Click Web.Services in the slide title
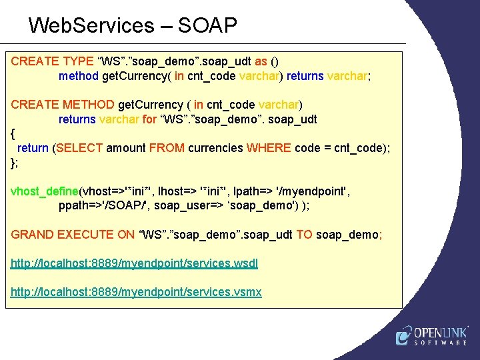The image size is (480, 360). click(91, 25)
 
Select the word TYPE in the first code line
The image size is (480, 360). click(79, 61)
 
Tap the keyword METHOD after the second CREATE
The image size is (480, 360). click(89, 105)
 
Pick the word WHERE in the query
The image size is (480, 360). click(269, 148)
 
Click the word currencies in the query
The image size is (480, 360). click(215, 148)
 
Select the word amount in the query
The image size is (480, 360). click(126, 148)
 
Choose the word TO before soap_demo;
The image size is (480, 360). click(304, 234)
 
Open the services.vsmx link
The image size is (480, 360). click(136, 292)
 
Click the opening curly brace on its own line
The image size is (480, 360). click(13, 134)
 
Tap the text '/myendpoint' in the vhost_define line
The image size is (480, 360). click(309, 191)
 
